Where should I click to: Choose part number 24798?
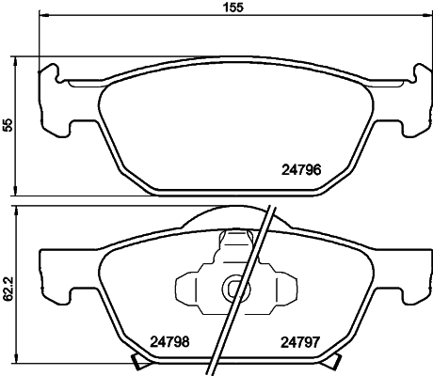coord(171,343)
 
